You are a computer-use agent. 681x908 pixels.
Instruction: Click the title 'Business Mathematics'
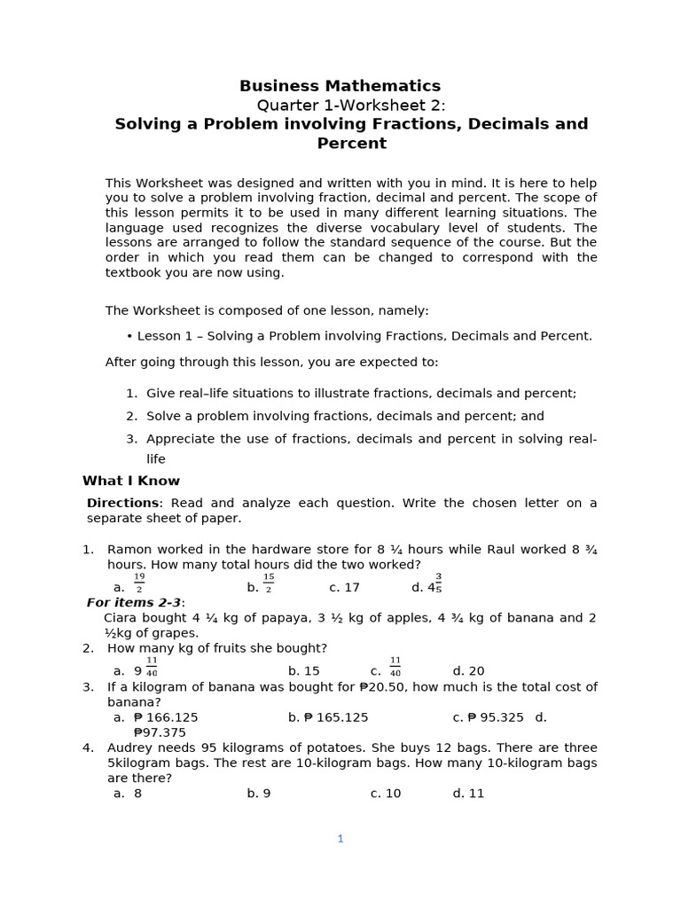tap(340, 86)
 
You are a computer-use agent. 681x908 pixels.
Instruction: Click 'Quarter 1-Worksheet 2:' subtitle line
tap(351, 106)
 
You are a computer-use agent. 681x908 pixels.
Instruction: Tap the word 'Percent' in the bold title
tap(351, 144)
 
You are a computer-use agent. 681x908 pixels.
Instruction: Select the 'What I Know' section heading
tap(131, 481)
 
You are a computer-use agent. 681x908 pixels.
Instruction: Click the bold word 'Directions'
tap(121, 503)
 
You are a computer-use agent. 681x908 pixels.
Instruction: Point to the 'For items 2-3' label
tap(134, 602)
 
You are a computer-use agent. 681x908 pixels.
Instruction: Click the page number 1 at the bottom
tap(340, 838)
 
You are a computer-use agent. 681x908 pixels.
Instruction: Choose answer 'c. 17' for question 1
tap(344, 587)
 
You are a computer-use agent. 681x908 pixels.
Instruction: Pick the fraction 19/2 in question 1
tap(139, 583)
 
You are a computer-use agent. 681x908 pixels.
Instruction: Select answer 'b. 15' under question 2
tap(303, 671)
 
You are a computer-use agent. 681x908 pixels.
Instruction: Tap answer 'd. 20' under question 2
tap(468, 671)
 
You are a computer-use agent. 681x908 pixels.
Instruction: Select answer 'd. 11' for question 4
tap(468, 794)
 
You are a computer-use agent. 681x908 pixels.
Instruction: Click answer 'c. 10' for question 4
tap(386, 794)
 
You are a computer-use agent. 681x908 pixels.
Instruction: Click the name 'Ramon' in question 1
tap(129, 549)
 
